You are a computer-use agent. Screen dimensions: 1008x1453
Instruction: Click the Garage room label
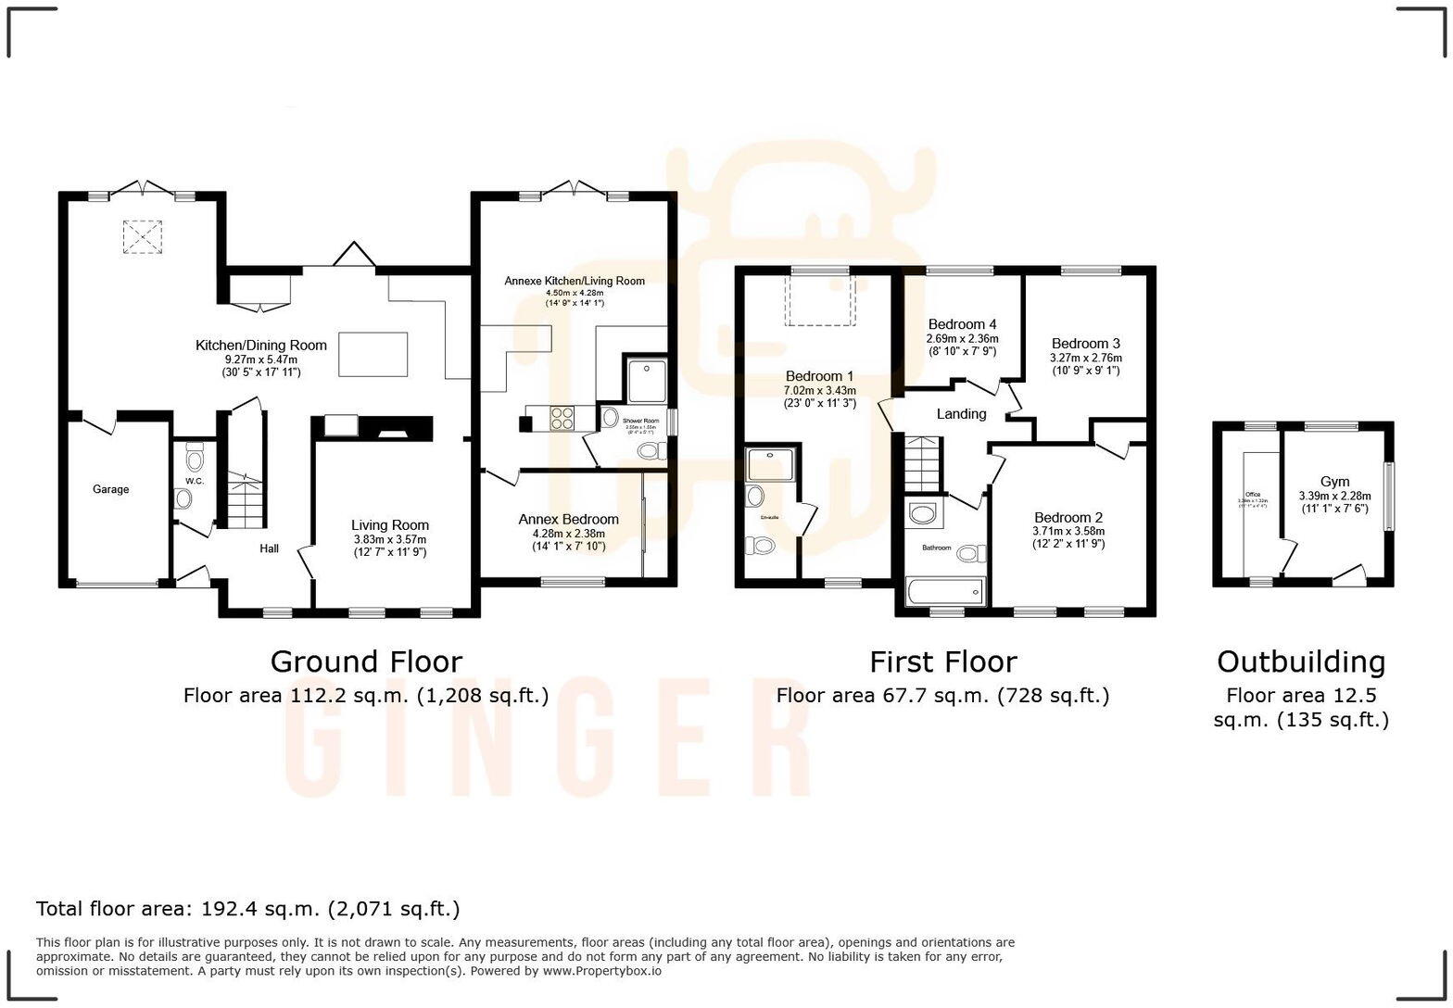click(110, 489)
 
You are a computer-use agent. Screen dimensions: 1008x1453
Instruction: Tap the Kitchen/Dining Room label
click(260, 346)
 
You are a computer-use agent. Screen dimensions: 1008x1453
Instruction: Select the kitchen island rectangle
click(373, 354)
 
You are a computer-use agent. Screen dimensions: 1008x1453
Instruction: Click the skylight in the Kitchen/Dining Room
click(142, 237)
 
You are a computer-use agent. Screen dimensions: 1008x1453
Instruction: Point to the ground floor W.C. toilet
click(195, 459)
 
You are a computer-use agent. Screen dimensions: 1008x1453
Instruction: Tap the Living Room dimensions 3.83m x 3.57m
click(389, 540)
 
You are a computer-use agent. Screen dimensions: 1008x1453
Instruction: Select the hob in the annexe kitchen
click(562, 419)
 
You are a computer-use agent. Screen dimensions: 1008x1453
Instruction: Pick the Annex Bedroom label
click(568, 520)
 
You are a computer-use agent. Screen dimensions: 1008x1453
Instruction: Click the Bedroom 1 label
click(819, 376)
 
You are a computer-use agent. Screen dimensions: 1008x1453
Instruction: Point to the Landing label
click(961, 414)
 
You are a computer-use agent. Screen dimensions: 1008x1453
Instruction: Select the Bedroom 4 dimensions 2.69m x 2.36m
click(962, 339)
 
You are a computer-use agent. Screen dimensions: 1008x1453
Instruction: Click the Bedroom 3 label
click(1085, 344)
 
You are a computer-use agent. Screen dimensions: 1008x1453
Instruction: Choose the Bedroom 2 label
click(1068, 518)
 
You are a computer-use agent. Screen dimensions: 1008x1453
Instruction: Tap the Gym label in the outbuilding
click(1334, 482)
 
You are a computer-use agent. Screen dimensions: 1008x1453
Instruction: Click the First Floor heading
click(942, 661)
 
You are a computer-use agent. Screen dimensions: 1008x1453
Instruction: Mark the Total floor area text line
click(247, 909)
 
